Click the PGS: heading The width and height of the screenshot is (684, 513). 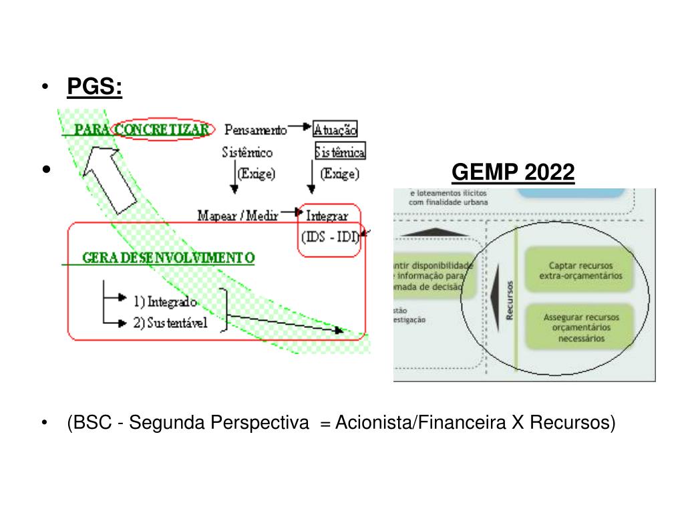point(94,88)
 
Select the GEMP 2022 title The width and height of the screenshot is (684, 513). point(512,173)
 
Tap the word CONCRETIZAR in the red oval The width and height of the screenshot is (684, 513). point(163,129)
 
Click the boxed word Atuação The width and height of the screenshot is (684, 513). point(335,129)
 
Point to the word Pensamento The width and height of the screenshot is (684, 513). point(256,129)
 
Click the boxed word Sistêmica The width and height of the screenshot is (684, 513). point(341,153)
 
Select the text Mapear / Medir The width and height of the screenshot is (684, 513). point(238,215)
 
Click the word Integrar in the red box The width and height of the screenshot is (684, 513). point(327,215)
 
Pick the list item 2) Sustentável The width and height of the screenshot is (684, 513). point(170,323)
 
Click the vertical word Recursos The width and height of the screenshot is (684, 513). point(510,300)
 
